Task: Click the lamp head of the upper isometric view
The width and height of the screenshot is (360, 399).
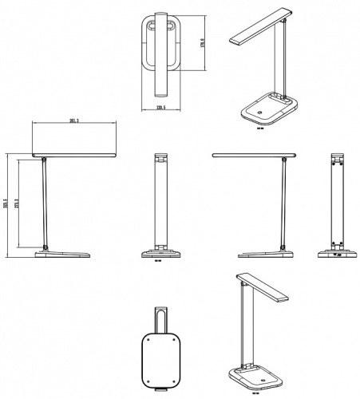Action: tap(257, 29)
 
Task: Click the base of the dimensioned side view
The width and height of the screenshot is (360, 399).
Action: tap(64, 255)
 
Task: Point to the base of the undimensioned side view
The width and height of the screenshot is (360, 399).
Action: tap(263, 255)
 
